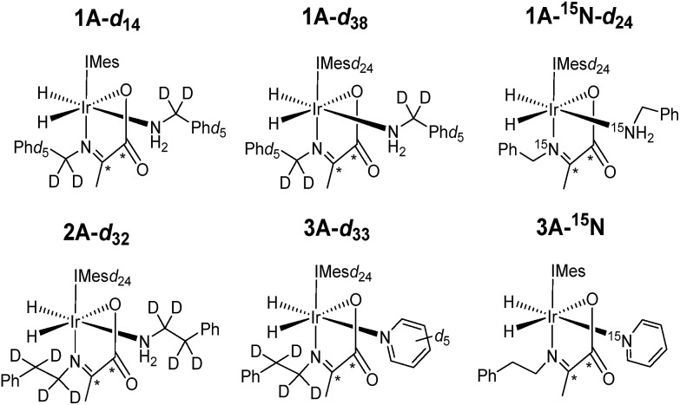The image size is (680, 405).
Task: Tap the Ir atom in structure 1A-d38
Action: (319, 111)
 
